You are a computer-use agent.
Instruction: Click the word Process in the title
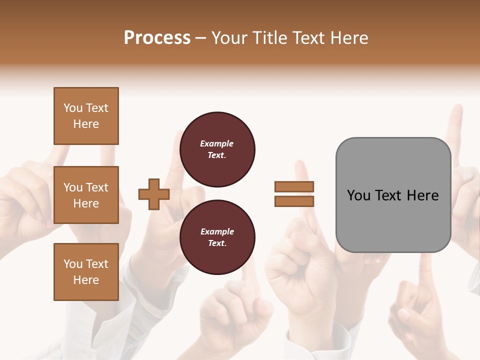coord(157,37)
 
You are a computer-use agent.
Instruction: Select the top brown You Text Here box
coord(86,116)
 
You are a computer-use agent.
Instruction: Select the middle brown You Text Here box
coord(86,195)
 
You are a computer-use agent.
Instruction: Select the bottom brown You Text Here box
coord(86,272)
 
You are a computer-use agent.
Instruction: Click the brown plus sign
coord(154,194)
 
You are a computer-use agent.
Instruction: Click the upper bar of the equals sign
coord(294,186)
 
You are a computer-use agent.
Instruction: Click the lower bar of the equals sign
coord(294,201)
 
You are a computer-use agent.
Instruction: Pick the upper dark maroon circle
coord(217,149)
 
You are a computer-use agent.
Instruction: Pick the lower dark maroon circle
coord(217,237)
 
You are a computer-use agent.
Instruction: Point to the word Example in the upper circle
coord(216,143)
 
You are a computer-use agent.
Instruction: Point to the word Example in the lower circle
coord(217,231)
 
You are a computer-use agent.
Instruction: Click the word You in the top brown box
coord(72,108)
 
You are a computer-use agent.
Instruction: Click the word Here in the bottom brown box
coord(86,280)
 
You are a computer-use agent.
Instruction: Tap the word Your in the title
coord(229,37)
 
